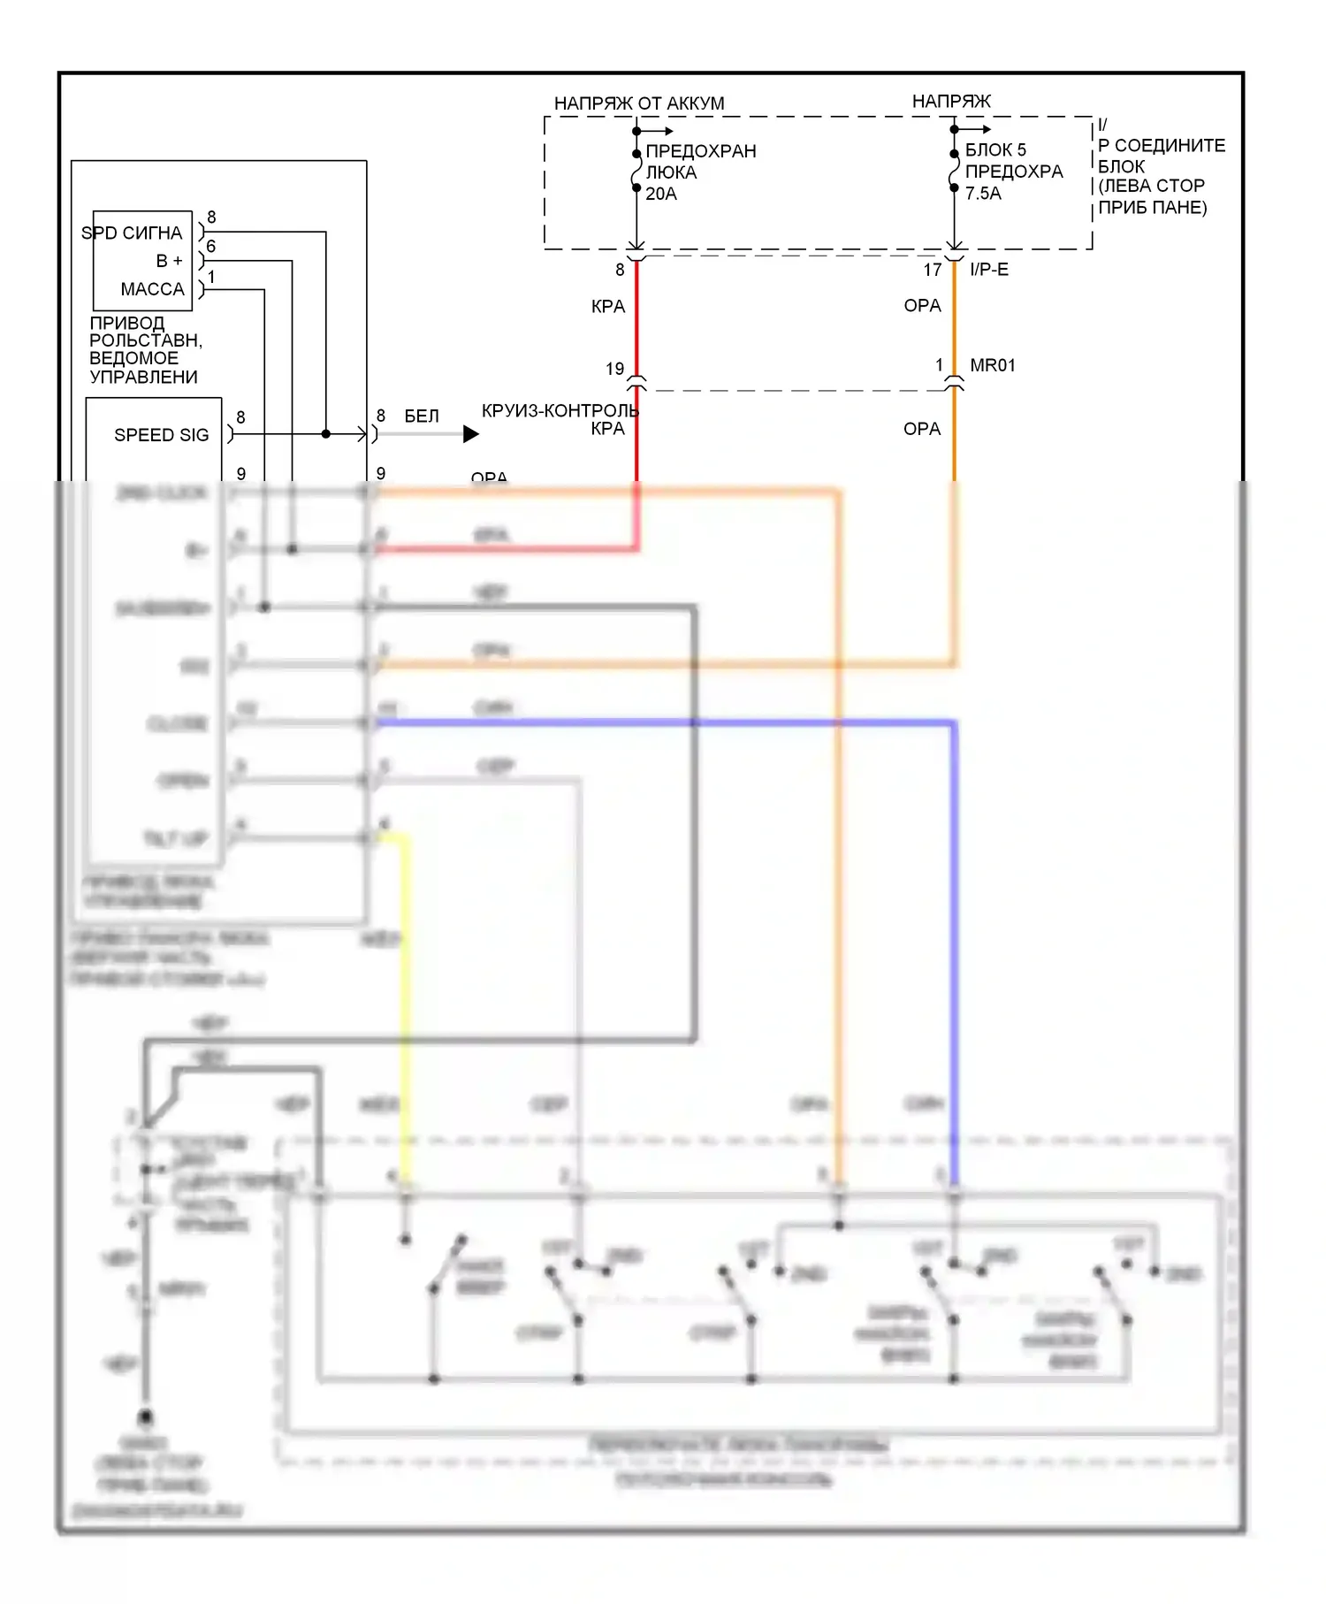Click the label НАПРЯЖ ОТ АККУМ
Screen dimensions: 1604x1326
(638, 103)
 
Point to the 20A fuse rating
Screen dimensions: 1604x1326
(660, 194)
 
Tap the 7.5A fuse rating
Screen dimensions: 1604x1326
(983, 194)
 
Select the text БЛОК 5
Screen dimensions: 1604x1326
(995, 150)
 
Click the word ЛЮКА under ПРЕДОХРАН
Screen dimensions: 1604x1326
(671, 172)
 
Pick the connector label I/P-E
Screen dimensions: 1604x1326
(988, 270)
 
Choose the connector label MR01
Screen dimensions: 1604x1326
(992, 365)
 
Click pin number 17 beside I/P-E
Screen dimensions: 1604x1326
(933, 270)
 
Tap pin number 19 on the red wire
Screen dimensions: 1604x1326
(615, 369)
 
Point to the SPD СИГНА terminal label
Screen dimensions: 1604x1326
(132, 233)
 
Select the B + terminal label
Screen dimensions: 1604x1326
(169, 261)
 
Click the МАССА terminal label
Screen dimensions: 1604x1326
(152, 289)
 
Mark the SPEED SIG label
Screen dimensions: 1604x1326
(162, 435)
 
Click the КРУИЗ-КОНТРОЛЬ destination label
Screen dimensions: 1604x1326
(560, 411)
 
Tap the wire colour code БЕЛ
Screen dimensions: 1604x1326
(422, 416)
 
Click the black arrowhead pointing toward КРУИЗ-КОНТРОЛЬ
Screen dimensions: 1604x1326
(471, 434)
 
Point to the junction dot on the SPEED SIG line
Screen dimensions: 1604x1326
(326, 434)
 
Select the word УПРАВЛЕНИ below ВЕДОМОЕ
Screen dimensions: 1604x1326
(143, 377)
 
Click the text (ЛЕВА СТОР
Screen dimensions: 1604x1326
(1151, 187)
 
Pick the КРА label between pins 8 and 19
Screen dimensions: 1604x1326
(608, 307)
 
